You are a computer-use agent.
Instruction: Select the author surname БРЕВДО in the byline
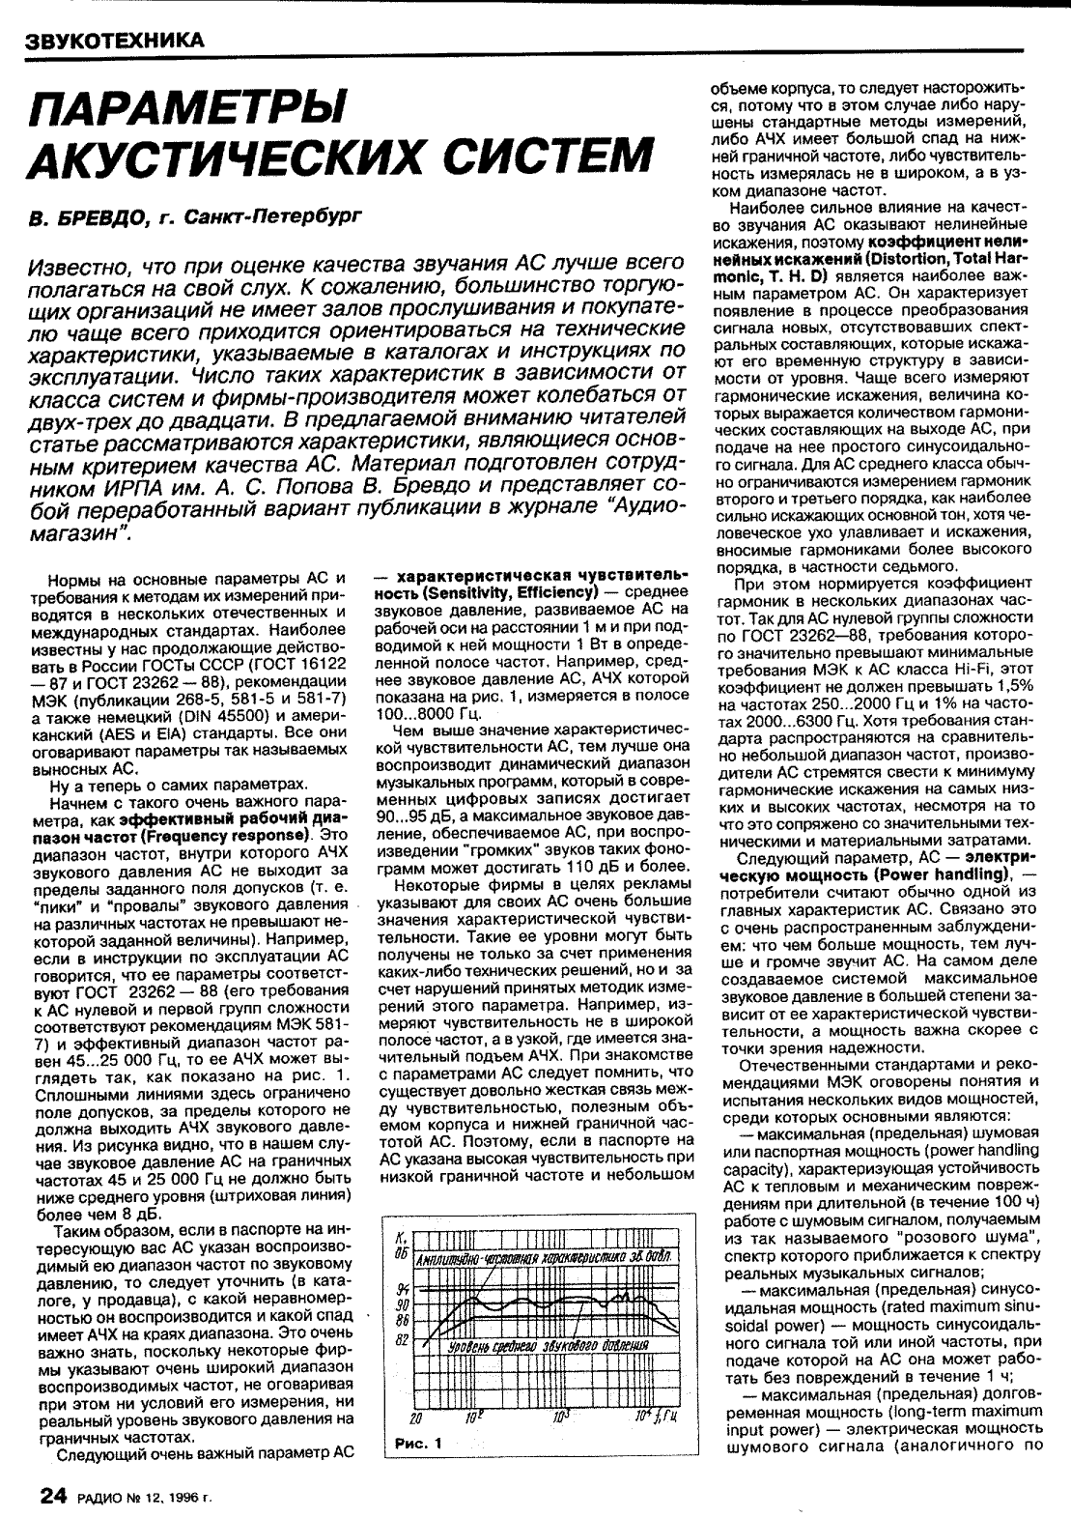(x=103, y=220)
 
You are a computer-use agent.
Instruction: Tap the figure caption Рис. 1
(x=418, y=1445)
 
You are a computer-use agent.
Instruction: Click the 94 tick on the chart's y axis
(x=403, y=1290)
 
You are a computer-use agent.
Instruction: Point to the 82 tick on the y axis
(x=403, y=1341)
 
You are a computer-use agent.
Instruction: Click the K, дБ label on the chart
(x=402, y=1246)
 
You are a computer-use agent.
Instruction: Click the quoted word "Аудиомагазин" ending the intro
(x=97, y=532)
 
